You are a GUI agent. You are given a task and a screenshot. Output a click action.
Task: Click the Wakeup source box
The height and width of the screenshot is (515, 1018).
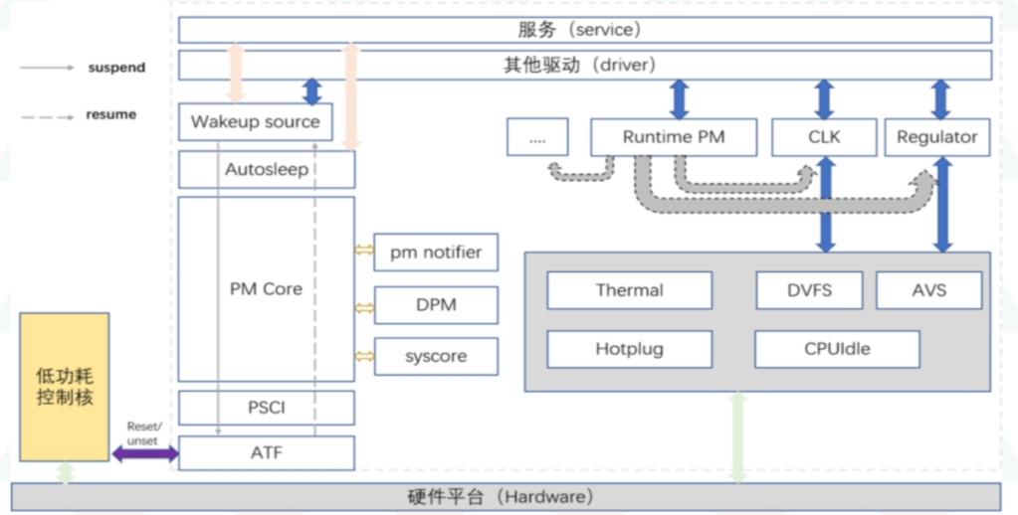click(255, 122)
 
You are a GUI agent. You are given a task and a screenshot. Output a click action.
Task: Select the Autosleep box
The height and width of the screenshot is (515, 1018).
click(266, 170)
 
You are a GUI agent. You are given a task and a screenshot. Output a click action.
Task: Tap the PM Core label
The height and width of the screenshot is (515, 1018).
click(266, 289)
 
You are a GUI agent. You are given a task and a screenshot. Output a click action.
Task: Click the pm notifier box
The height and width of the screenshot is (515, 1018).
click(436, 253)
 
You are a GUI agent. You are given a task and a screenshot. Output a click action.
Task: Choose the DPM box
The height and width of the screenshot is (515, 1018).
click(436, 305)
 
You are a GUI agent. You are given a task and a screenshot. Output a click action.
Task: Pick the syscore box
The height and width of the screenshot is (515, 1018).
click(436, 356)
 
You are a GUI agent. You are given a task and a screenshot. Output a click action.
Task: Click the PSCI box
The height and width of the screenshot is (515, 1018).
click(266, 408)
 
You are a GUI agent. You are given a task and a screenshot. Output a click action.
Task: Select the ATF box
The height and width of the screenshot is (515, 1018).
click(266, 453)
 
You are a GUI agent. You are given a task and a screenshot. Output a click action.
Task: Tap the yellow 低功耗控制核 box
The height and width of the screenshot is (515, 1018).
click(65, 386)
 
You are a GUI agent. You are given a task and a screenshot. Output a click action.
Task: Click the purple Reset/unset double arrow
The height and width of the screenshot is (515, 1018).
click(144, 454)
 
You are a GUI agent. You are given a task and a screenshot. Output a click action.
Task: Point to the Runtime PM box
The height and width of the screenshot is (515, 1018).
click(674, 137)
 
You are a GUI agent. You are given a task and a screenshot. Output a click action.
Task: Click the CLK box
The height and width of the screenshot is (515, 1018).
click(824, 137)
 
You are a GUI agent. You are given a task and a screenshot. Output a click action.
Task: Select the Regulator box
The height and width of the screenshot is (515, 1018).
click(937, 137)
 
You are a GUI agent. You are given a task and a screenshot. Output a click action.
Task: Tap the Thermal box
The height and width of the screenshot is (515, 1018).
click(629, 290)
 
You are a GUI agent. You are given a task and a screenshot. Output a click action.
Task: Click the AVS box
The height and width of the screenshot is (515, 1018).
click(928, 290)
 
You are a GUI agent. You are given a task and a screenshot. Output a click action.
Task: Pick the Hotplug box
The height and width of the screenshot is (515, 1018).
click(629, 350)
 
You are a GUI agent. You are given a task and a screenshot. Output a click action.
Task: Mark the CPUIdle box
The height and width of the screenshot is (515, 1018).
click(836, 350)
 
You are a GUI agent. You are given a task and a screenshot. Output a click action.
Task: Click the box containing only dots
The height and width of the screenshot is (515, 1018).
click(537, 137)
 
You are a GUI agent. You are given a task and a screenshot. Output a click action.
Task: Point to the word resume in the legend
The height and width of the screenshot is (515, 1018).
click(111, 115)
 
